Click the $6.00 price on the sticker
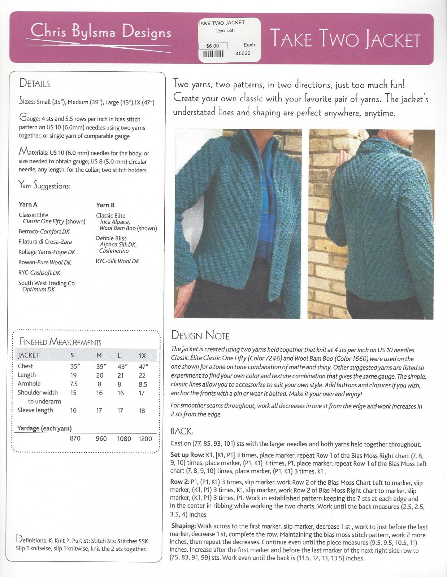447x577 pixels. (x=213, y=46)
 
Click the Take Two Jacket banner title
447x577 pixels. (x=345, y=39)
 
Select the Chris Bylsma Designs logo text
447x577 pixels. (x=101, y=32)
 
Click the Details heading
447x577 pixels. (x=35, y=83)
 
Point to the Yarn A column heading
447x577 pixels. (x=28, y=204)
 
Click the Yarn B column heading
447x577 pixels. (x=105, y=205)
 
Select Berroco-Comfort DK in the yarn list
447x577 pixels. (x=44, y=232)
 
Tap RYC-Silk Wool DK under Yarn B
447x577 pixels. (x=117, y=261)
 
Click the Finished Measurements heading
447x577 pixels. (x=60, y=342)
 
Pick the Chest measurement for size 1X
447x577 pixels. (x=143, y=367)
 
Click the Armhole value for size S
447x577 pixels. (x=74, y=384)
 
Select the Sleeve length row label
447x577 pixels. (x=35, y=410)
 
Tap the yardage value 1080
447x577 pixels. (x=124, y=439)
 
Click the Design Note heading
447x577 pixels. (x=200, y=335)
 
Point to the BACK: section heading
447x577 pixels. (x=182, y=431)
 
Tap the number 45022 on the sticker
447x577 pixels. (x=243, y=53)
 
